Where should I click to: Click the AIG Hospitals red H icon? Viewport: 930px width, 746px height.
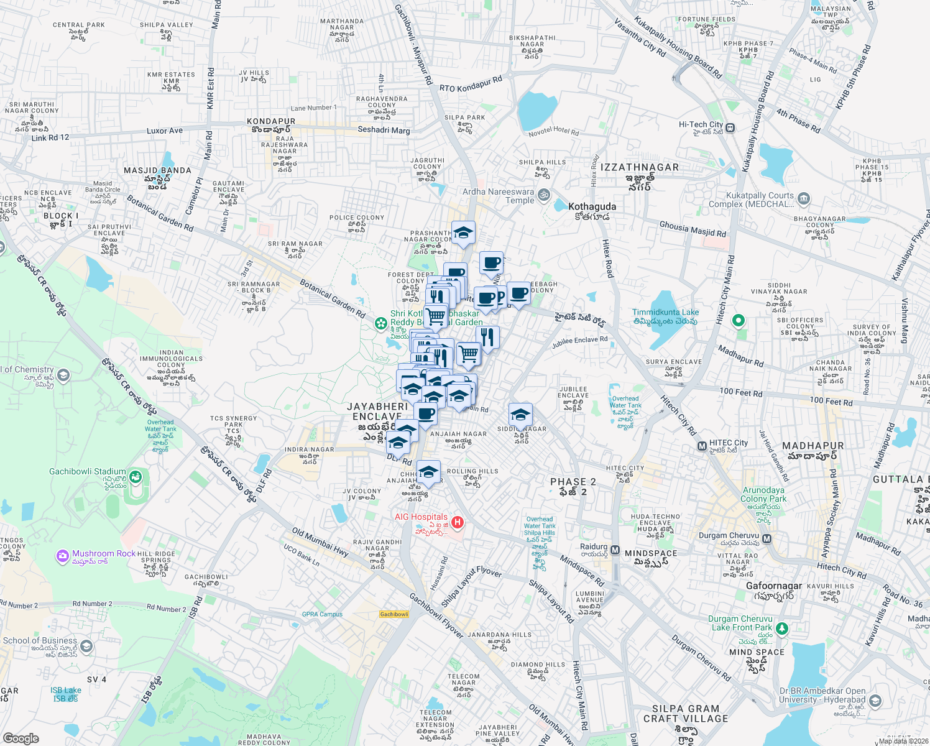click(458, 522)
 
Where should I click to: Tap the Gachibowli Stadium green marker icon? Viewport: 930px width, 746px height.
click(136, 477)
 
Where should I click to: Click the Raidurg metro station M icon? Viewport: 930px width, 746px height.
click(615, 550)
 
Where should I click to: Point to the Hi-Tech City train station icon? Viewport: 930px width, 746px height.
click(730, 128)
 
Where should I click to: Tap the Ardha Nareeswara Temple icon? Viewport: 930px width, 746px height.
click(543, 195)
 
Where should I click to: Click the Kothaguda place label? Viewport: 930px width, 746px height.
click(592, 206)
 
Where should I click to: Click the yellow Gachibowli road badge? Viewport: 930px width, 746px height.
click(394, 614)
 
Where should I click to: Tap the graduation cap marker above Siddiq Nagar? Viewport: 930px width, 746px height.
click(520, 415)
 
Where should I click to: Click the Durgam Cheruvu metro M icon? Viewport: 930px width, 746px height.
click(767, 538)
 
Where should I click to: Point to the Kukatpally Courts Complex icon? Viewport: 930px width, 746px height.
click(803, 199)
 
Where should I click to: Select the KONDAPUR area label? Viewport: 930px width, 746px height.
click(270, 121)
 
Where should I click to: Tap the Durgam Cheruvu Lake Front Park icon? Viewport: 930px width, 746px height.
click(781, 629)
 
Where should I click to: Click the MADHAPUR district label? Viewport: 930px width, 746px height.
click(813, 446)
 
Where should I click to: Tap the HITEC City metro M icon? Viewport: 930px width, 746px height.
click(702, 446)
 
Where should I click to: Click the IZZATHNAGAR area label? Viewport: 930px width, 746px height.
click(640, 167)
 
